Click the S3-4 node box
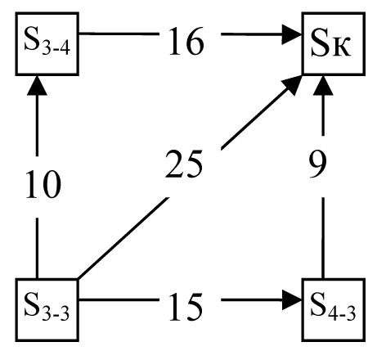coord(47,43)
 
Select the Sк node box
coord(334,43)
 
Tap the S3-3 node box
coord(47,310)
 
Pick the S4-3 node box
coord(334,310)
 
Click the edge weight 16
coord(186,42)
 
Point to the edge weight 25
coord(184,164)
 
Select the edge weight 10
coord(43,184)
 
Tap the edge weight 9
coord(318,164)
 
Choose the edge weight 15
coord(186,307)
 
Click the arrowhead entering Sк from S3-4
coord(292,34)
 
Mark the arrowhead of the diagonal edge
coord(292,84)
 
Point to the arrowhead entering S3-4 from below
coord(37,86)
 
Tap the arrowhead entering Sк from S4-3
coord(323,86)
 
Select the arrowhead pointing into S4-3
coord(292,300)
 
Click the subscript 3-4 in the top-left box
coord(56,49)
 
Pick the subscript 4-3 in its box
coord(342,314)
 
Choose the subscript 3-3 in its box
coord(56,314)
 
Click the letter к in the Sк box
coord(341,48)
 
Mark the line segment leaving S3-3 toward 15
coord(119,300)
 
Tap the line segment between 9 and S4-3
coord(323,238)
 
